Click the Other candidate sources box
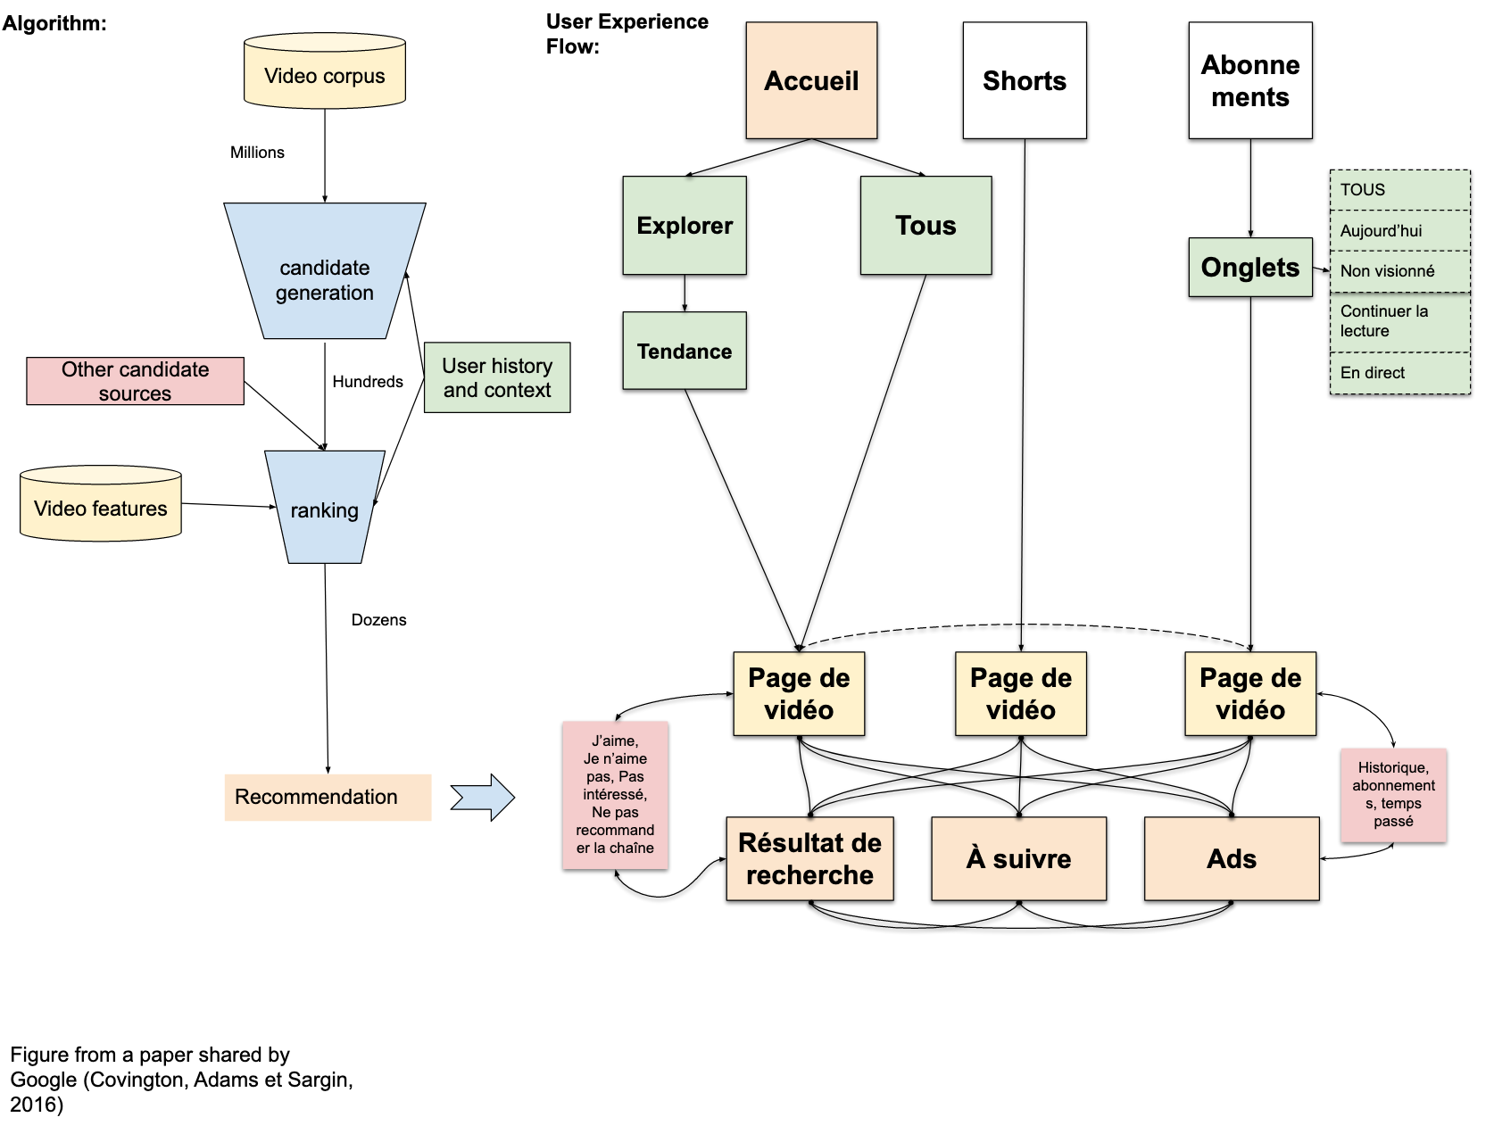pyautogui.click(x=135, y=381)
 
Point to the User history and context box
pyautogui.click(x=497, y=377)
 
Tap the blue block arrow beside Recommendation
pyautogui.click(x=483, y=797)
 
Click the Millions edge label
pyautogui.click(x=257, y=153)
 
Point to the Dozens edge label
pyautogui.click(x=378, y=620)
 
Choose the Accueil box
pyautogui.click(x=811, y=80)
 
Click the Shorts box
pyautogui.click(x=1024, y=80)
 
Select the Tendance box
pyautogui.click(x=685, y=351)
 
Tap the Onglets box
pyautogui.click(x=1249, y=267)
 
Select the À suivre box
pyautogui.click(x=1018, y=858)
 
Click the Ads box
pyautogui.click(x=1231, y=858)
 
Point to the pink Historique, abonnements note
pyautogui.click(x=1392, y=795)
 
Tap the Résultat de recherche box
pyautogui.click(x=809, y=858)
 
